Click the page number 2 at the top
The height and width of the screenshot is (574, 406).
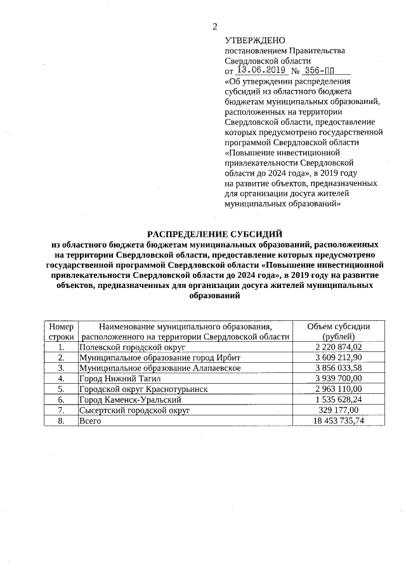click(214, 26)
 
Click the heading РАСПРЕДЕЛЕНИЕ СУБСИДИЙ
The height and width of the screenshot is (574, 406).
click(215, 234)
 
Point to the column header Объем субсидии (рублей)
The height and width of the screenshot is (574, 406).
click(338, 331)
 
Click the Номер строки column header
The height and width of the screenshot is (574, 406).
click(61, 331)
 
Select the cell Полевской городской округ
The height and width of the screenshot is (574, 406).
click(131, 347)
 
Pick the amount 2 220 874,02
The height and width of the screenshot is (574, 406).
click(338, 347)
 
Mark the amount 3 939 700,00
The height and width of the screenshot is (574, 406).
click(338, 378)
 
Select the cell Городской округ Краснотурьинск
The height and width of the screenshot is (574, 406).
click(143, 388)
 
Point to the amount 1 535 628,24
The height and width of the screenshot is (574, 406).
click(338, 399)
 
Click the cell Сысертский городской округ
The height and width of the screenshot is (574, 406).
click(134, 410)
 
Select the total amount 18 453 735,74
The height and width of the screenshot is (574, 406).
click(338, 420)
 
